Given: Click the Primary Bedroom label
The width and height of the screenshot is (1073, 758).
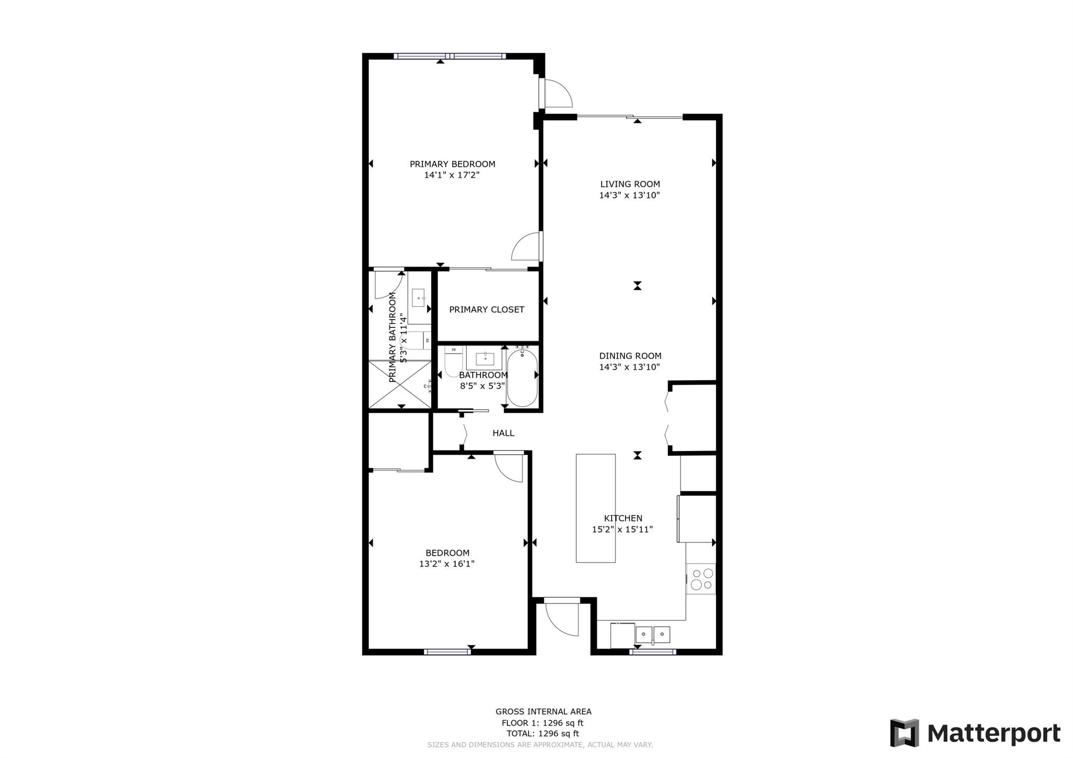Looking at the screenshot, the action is [452, 164].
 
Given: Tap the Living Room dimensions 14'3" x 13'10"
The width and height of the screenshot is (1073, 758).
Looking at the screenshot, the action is [630, 195].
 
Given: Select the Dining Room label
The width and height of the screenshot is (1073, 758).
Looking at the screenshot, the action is [630, 356].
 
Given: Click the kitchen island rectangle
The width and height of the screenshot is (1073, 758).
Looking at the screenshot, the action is [596, 508].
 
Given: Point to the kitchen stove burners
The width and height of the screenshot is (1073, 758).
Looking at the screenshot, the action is [701, 578].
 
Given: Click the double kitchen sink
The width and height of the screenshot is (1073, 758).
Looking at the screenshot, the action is [653, 635].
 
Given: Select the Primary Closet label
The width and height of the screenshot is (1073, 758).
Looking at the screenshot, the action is [487, 310].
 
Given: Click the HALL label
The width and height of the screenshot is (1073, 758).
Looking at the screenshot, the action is [503, 433].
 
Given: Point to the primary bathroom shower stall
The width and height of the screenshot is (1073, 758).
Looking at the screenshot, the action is [400, 384].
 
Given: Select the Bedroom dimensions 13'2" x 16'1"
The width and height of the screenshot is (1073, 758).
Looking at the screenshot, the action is [447, 564].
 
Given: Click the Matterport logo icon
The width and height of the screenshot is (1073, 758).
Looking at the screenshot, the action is [905, 733].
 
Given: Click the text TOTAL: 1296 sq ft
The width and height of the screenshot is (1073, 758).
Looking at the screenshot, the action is [543, 734].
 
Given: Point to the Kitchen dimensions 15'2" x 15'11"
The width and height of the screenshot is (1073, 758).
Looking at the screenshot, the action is [622, 530].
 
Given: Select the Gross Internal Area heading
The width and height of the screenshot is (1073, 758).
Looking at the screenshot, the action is [543, 711].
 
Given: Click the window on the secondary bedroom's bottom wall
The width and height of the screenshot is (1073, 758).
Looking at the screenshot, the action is [447, 652].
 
